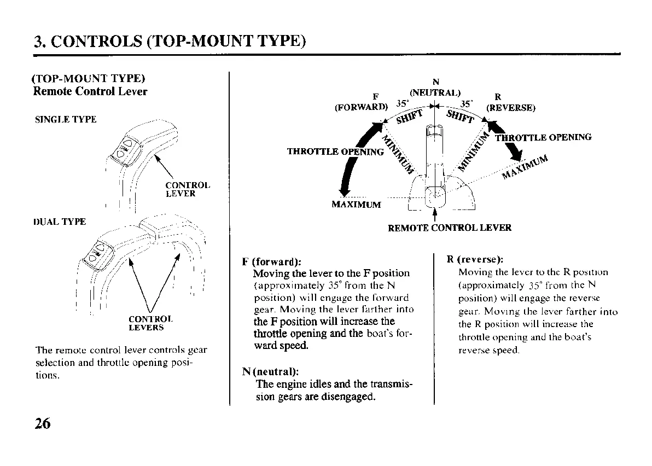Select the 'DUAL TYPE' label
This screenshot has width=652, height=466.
(60, 222)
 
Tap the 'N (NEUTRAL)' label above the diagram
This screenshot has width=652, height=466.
(435, 88)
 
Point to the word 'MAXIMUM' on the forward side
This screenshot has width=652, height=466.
(356, 205)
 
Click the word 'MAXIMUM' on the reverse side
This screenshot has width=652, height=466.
(525, 166)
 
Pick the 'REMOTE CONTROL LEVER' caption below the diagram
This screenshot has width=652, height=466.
(450, 228)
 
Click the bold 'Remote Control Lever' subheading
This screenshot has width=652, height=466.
(90, 91)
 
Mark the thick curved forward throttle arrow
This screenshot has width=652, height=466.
(354, 159)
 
